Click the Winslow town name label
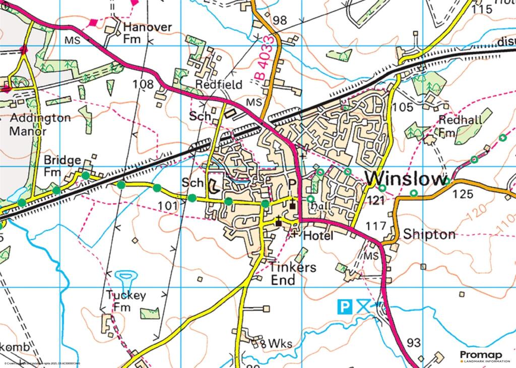[x=406, y=179]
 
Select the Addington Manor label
[x=40, y=125]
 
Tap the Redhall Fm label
[x=460, y=126]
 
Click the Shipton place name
[x=429, y=234]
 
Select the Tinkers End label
[x=285, y=273]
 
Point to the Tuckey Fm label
[x=126, y=301]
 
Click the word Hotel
[x=318, y=236]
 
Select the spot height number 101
[x=168, y=206]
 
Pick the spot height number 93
[x=413, y=343]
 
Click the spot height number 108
[x=144, y=84]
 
